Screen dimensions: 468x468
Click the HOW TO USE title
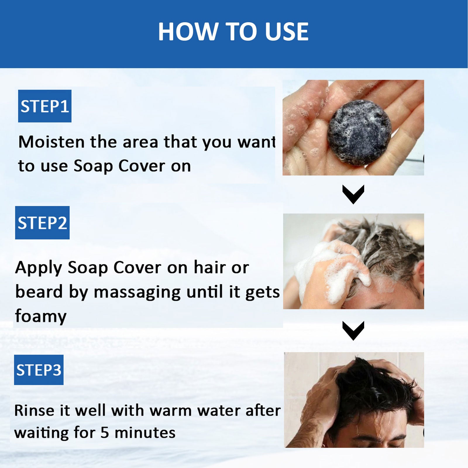[x=233, y=32]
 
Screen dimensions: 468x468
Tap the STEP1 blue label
[x=45, y=106]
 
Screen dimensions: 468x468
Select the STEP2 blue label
[x=42, y=223]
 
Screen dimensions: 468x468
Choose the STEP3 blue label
[x=39, y=370]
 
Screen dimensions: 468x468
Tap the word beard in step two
[x=39, y=292]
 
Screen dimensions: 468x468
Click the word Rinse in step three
[x=35, y=410]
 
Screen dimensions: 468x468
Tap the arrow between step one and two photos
[x=353, y=195]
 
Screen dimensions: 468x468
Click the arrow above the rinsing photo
[x=353, y=331]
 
